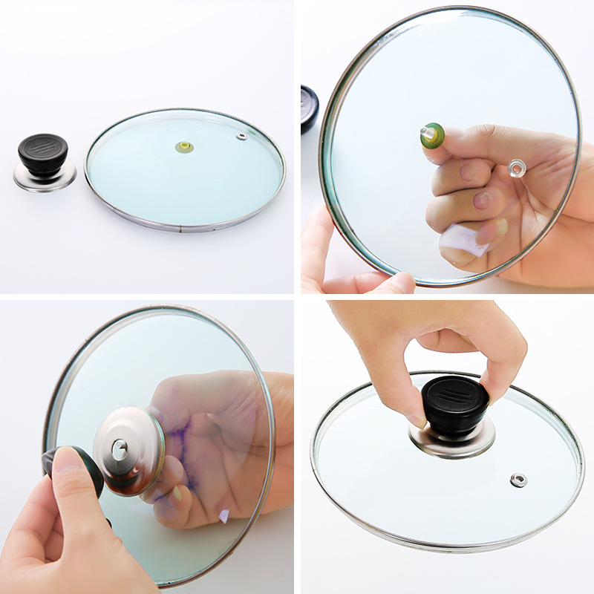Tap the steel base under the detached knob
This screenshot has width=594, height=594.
45,178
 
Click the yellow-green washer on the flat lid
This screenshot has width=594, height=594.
184,147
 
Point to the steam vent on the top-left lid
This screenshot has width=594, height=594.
241,137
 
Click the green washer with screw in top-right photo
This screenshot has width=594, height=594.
432,135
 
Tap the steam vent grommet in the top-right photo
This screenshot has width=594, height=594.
516,168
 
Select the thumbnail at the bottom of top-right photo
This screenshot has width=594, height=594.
398,282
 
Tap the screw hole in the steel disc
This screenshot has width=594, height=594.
120,448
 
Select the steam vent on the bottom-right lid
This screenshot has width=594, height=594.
518,480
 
